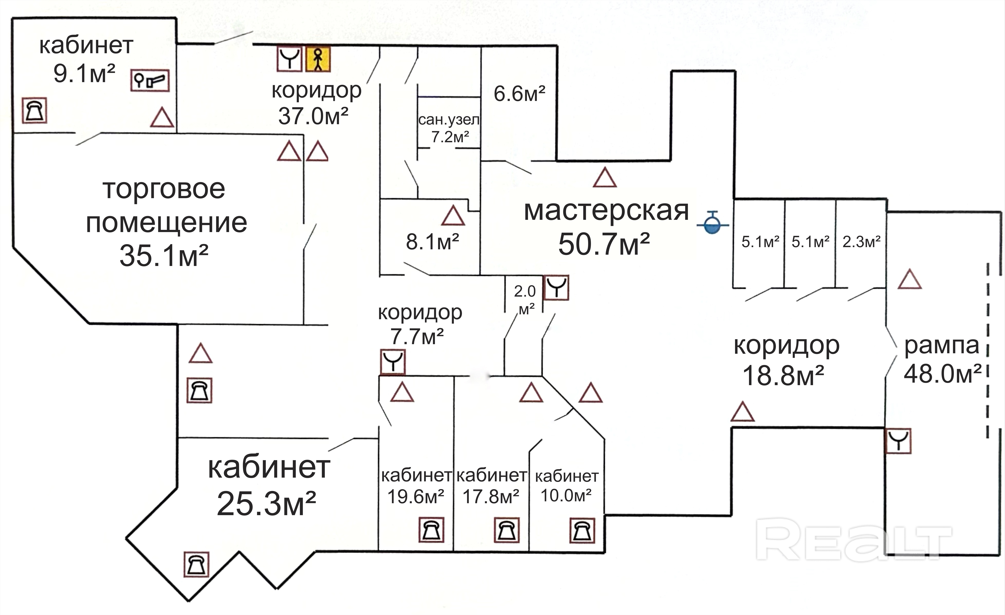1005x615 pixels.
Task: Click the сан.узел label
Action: [x=449, y=120]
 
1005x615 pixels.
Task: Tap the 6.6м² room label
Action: [x=519, y=94]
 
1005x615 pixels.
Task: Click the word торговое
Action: [x=164, y=189]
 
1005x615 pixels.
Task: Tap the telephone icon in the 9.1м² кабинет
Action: [x=35, y=110]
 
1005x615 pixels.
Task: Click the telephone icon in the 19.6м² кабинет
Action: [x=431, y=531]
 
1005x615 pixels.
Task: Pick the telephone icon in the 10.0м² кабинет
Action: [x=582, y=531]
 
